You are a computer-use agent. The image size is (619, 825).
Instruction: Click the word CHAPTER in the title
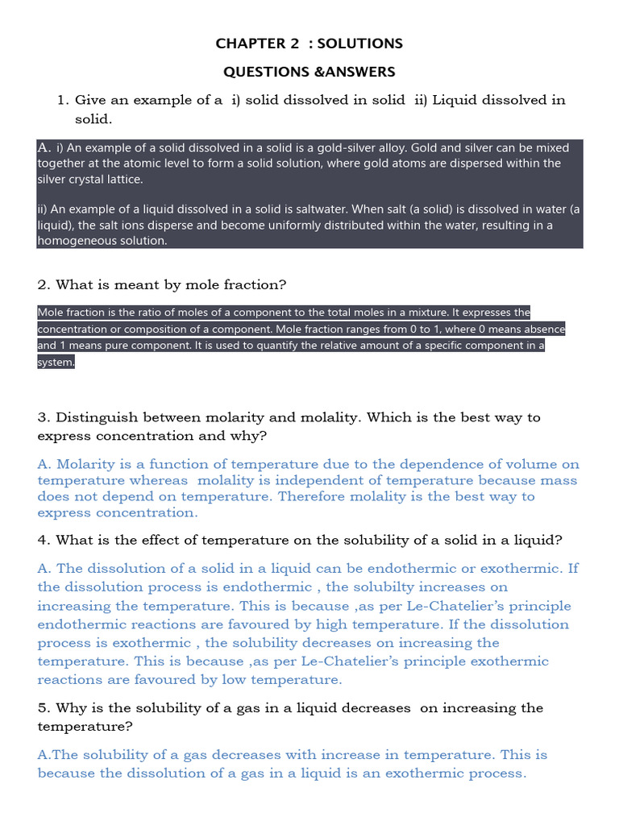click(244, 44)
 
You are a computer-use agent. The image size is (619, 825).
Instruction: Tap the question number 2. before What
click(44, 284)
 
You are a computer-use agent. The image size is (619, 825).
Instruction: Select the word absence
click(545, 329)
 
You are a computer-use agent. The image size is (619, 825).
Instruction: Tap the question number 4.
click(44, 540)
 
